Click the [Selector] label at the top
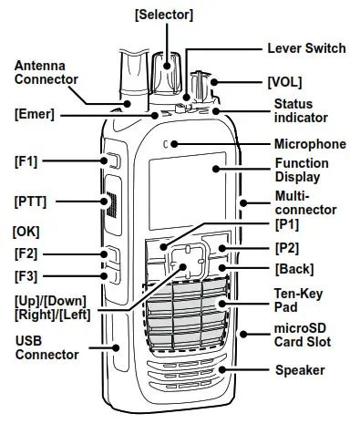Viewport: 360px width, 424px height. [x=164, y=15]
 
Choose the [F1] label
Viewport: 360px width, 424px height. [x=26, y=161]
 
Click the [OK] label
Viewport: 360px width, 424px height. [x=26, y=233]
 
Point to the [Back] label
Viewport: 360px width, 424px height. [x=293, y=269]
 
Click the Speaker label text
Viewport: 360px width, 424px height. [x=301, y=370]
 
